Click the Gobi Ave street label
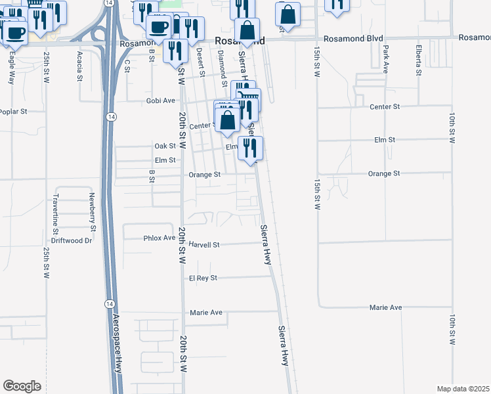tap(160, 100)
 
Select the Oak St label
tap(165, 146)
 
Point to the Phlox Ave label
tap(160, 238)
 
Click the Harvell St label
tap(203, 244)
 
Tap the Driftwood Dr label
tap(72, 240)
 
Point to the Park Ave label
tap(387, 60)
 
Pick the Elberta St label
tap(418, 59)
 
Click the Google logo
tap(22, 386)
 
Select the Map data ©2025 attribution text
tap(463, 389)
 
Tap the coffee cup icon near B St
tap(158, 26)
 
